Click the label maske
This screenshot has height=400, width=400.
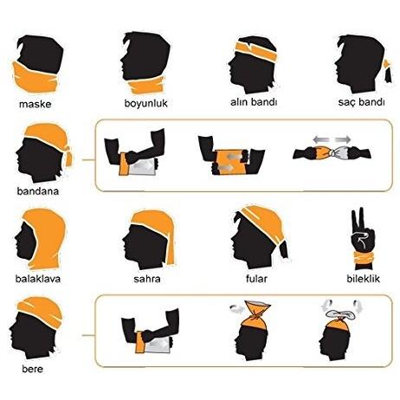35,104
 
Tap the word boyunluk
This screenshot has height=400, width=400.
145,103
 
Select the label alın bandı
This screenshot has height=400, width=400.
254,102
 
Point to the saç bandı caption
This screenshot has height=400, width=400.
361,102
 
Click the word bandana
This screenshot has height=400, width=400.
38,191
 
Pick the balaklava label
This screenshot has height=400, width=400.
38,279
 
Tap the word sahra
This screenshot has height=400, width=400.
147,279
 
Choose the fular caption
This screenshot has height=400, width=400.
256,279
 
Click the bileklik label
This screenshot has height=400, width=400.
364,279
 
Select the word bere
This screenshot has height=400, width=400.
32,369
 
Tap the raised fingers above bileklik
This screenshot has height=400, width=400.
358,218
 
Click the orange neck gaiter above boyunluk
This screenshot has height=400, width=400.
146,85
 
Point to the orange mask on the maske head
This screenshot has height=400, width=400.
35,78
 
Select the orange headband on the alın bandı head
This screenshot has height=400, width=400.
255,51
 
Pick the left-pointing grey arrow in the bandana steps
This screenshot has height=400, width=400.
321,140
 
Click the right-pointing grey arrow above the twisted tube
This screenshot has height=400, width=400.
343,140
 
